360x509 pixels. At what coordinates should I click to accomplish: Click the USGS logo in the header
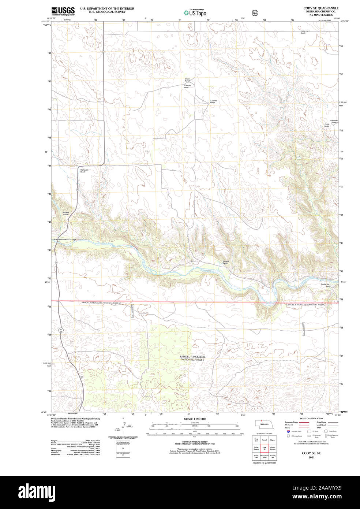63,10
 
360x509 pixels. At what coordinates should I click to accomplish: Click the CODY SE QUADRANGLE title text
320,8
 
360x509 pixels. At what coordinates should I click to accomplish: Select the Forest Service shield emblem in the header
255,13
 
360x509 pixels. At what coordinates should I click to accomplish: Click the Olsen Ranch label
187,79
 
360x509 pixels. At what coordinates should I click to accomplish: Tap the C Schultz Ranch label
213,101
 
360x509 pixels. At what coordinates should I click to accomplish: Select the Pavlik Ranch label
327,125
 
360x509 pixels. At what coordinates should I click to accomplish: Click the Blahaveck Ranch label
84,171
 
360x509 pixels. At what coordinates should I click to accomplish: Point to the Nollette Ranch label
65,213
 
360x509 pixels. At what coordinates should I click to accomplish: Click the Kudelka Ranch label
225,262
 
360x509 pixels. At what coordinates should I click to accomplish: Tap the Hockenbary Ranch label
326,285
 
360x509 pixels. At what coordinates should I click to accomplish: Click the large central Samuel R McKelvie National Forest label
192,358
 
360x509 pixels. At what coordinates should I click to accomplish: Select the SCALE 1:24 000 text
195,419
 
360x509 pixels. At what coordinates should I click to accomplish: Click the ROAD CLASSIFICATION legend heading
311,418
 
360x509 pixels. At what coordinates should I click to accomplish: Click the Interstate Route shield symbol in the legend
288,431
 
